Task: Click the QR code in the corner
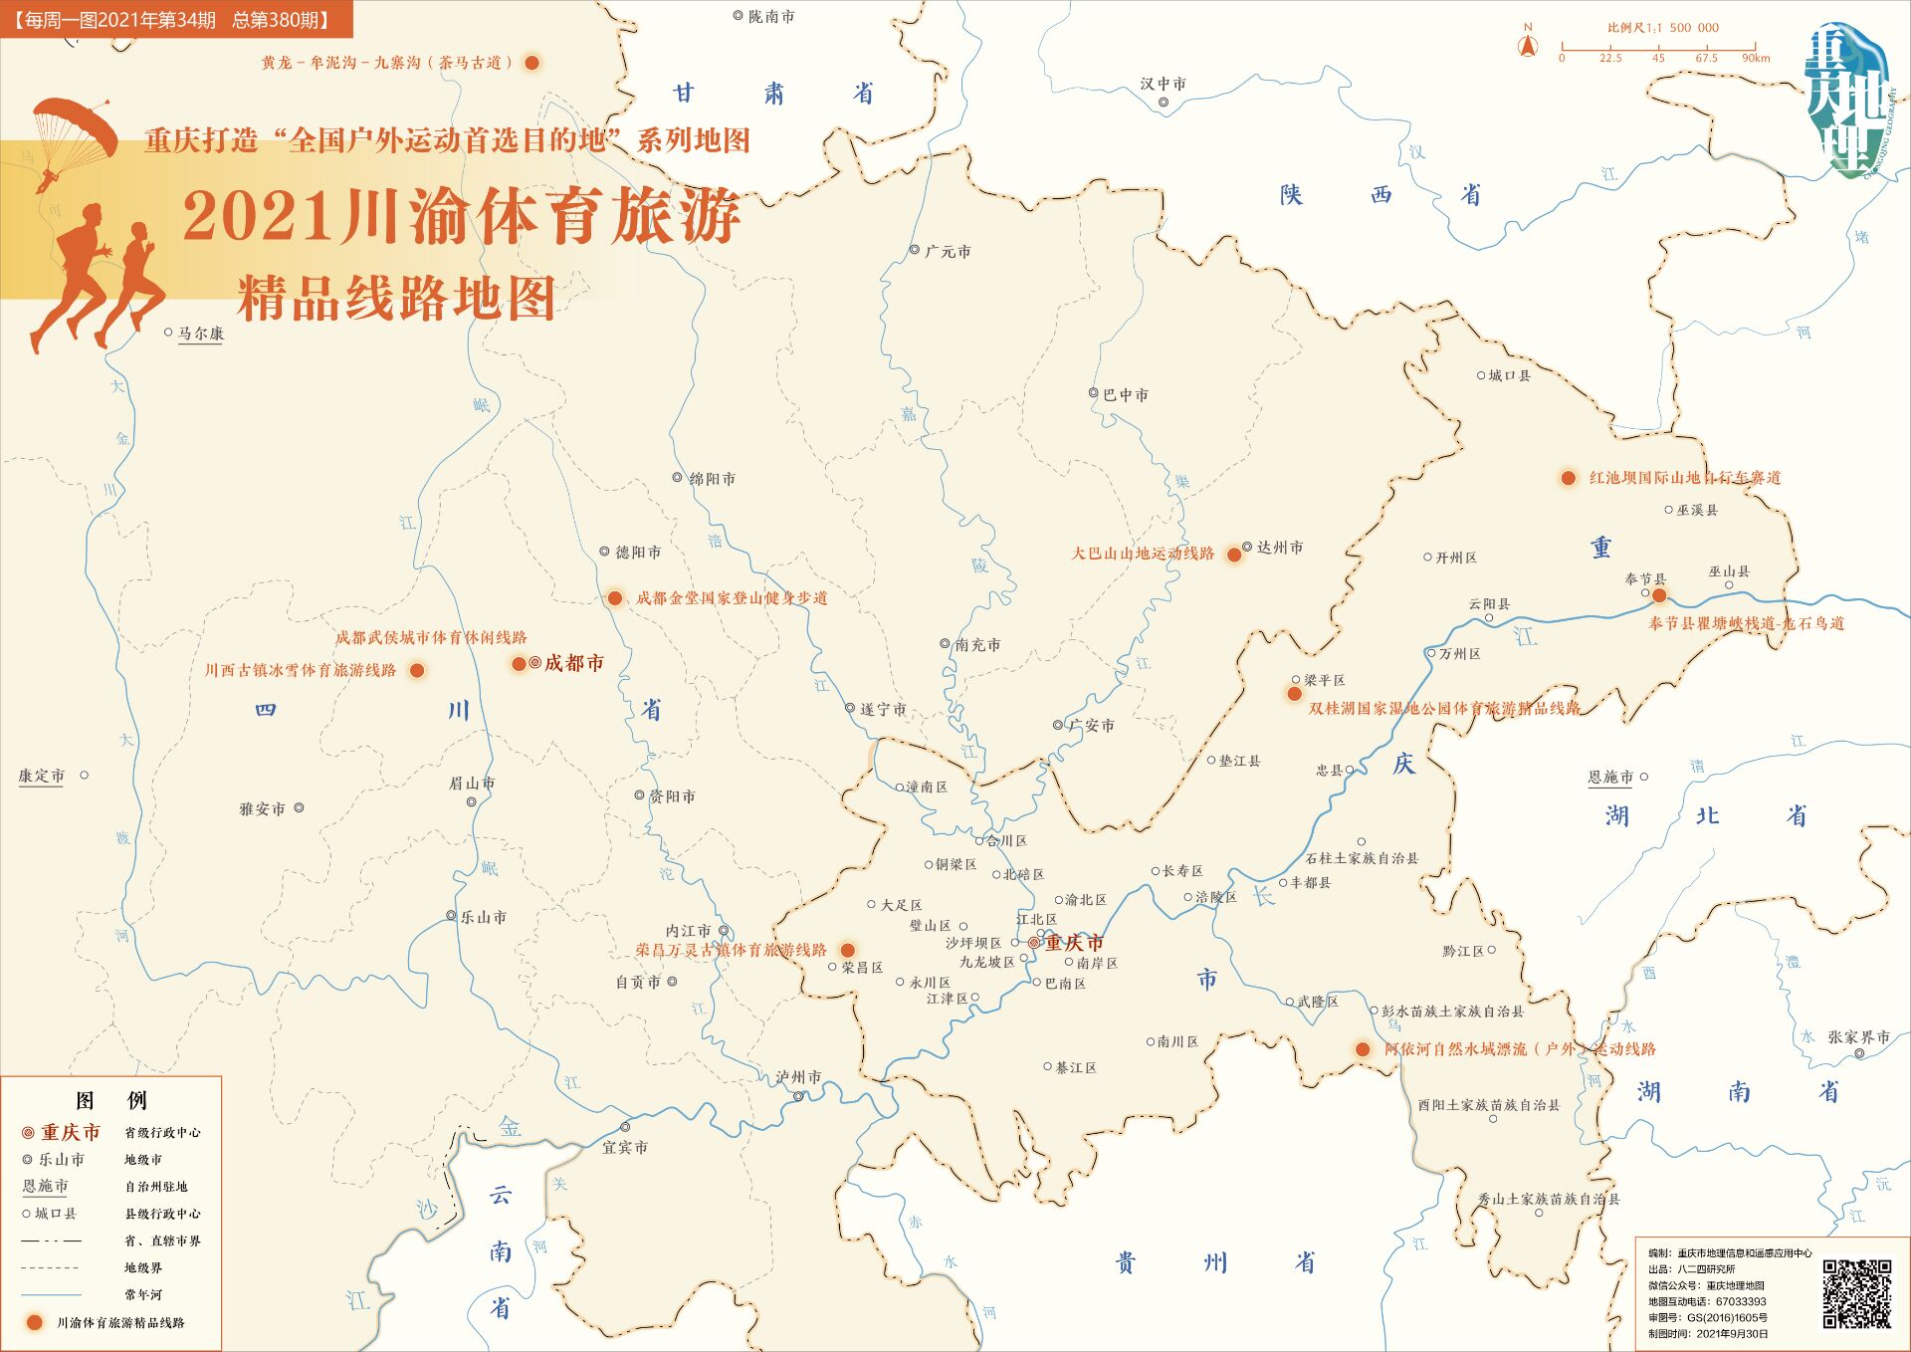pos(1856,1293)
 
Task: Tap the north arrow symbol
pos(1527,45)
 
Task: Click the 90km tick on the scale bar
pos(1755,48)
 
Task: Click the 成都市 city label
pos(573,663)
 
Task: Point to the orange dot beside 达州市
pos(1234,555)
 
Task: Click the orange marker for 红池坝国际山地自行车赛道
pos(1569,478)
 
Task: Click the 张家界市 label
pos(1857,1036)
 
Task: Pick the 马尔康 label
pos(200,334)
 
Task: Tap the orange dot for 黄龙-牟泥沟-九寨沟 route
pos(532,63)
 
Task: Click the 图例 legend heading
pos(110,1100)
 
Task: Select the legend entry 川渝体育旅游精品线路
pos(119,1322)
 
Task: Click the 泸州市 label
pos(798,1077)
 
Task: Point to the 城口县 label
pos(1509,375)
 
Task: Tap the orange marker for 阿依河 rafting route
pos(1363,1048)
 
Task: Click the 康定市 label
pos(41,776)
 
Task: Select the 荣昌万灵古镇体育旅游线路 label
pos(731,950)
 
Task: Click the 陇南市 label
pos(770,17)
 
